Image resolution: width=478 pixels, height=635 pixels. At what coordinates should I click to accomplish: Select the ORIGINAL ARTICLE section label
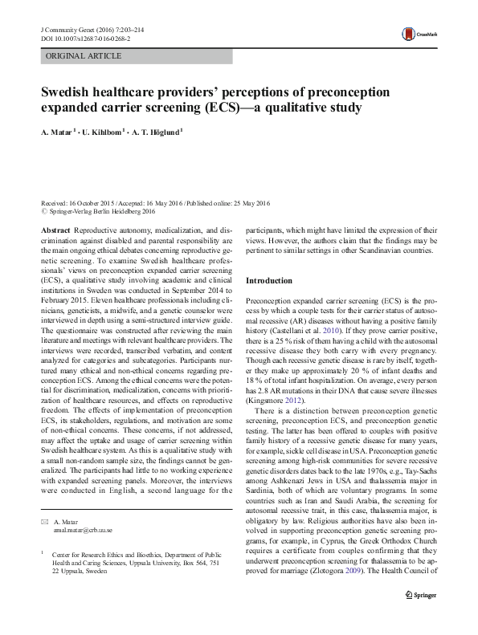pos(84,56)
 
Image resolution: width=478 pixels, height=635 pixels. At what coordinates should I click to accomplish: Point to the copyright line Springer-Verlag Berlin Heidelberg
pos(100,212)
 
